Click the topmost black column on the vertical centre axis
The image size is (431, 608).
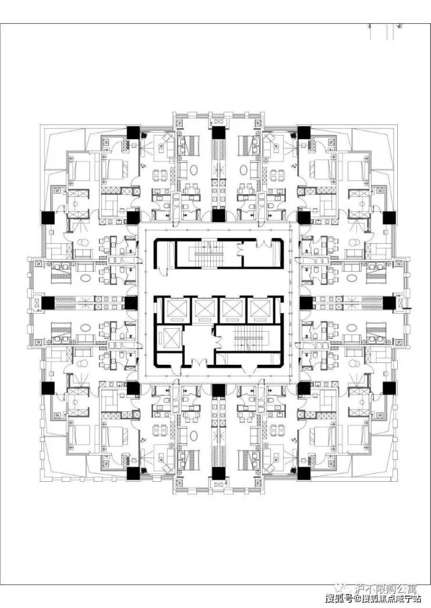pos(218,132)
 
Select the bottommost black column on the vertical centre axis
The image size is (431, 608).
pos(218,474)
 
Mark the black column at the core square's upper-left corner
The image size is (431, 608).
pos(132,218)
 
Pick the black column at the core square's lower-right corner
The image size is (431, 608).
pos(303,388)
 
